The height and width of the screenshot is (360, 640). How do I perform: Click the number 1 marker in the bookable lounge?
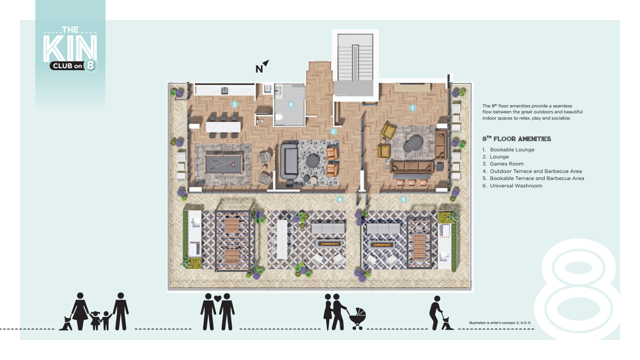pyautogui.click(x=412, y=108)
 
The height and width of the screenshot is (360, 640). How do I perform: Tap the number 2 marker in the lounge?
pyautogui.click(x=333, y=132)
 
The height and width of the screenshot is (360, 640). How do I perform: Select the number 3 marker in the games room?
pyautogui.click(x=235, y=105)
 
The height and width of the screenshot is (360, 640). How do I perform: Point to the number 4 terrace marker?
pyautogui.click(x=340, y=200)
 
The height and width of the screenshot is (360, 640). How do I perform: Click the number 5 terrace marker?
pyautogui.click(x=404, y=200)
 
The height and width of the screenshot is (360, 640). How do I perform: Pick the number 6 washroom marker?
pyautogui.click(x=291, y=105)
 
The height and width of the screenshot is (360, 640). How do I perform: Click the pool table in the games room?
pyautogui.click(x=224, y=164)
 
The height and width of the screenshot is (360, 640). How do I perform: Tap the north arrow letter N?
pyautogui.click(x=259, y=69)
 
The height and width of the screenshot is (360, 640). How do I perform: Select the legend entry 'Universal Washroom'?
pyautogui.click(x=516, y=186)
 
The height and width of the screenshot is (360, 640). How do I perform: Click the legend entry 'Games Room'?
pyautogui.click(x=507, y=164)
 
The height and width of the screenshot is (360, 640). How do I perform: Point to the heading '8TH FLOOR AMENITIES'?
pyautogui.click(x=516, y=139)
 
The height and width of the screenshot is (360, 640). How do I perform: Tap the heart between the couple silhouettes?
pyautogui.click(x=218, y=298)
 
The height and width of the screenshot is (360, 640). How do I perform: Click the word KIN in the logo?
pyautogui.click(x=70, y=49)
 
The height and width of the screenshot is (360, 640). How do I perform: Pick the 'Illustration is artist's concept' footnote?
pyautogui.click(x=500, y=323)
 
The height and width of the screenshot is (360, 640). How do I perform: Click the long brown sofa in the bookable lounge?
pyautogui.click(x=412, y=167)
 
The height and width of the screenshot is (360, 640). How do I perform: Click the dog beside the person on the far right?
pyautogui.click(x=447, y=324)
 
